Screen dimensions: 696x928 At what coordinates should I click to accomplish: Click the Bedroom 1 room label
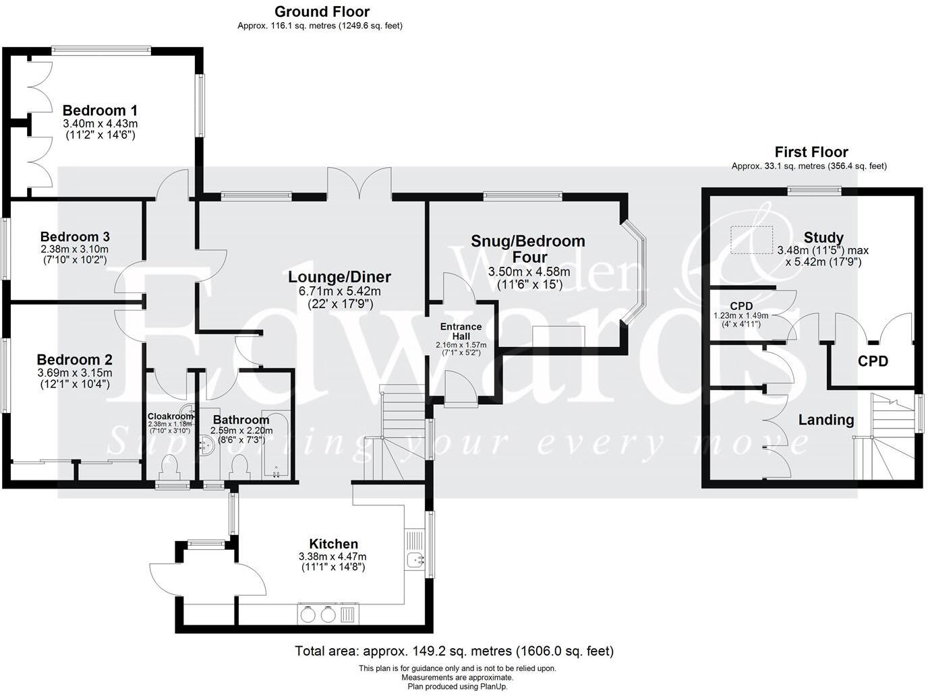click(100, 110)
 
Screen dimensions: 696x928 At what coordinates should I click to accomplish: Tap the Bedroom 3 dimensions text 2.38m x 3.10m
click(74, 249)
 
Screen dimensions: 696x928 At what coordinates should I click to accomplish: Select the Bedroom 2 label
click(74, 360)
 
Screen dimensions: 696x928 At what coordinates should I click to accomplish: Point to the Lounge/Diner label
click(339, 277)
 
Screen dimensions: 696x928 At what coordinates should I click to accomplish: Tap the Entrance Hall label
click(461, 331)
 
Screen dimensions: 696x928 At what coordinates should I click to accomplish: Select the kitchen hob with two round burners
click(318, 614)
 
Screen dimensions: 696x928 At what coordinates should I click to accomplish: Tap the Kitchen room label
click(333, 544)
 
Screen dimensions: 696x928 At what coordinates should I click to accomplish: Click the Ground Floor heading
click(322, 11)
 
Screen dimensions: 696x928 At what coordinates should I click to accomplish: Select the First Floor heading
click(811, 152)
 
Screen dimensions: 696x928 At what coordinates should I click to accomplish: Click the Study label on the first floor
click(823, 237)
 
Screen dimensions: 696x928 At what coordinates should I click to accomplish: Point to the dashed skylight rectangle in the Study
click(753, 239)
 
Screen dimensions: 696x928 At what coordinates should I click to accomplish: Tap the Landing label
click(825, 420)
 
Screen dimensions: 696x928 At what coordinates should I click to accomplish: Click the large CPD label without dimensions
click(872, 360)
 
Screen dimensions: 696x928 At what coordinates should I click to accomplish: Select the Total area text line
click(454, 651)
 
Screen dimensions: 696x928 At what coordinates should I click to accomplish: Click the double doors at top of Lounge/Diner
click(359, 183)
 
